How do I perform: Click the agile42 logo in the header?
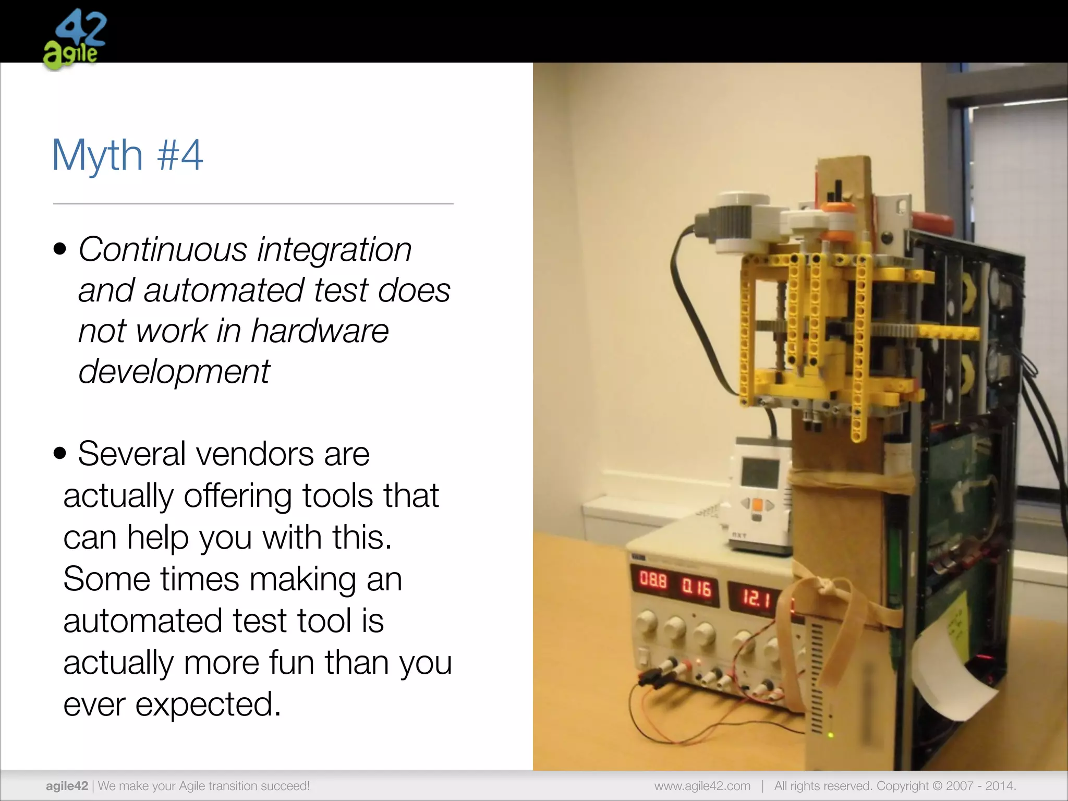[x=74, y=40]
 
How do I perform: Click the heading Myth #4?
[x=127, y=155]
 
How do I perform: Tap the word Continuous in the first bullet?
[x=162, y=249]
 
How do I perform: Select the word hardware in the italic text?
[x=320, y=331]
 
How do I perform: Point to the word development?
[x=174, y=371]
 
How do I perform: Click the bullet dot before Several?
[x=60, y=454]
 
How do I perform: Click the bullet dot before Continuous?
[x=60, y=249]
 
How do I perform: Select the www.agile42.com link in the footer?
[x=702, y=786]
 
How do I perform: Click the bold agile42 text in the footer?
[x=67, y=786]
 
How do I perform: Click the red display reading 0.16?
[x=697, y=588]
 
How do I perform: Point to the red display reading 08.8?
[x=653, y=580]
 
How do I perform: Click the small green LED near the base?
[x=831, y=735]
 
